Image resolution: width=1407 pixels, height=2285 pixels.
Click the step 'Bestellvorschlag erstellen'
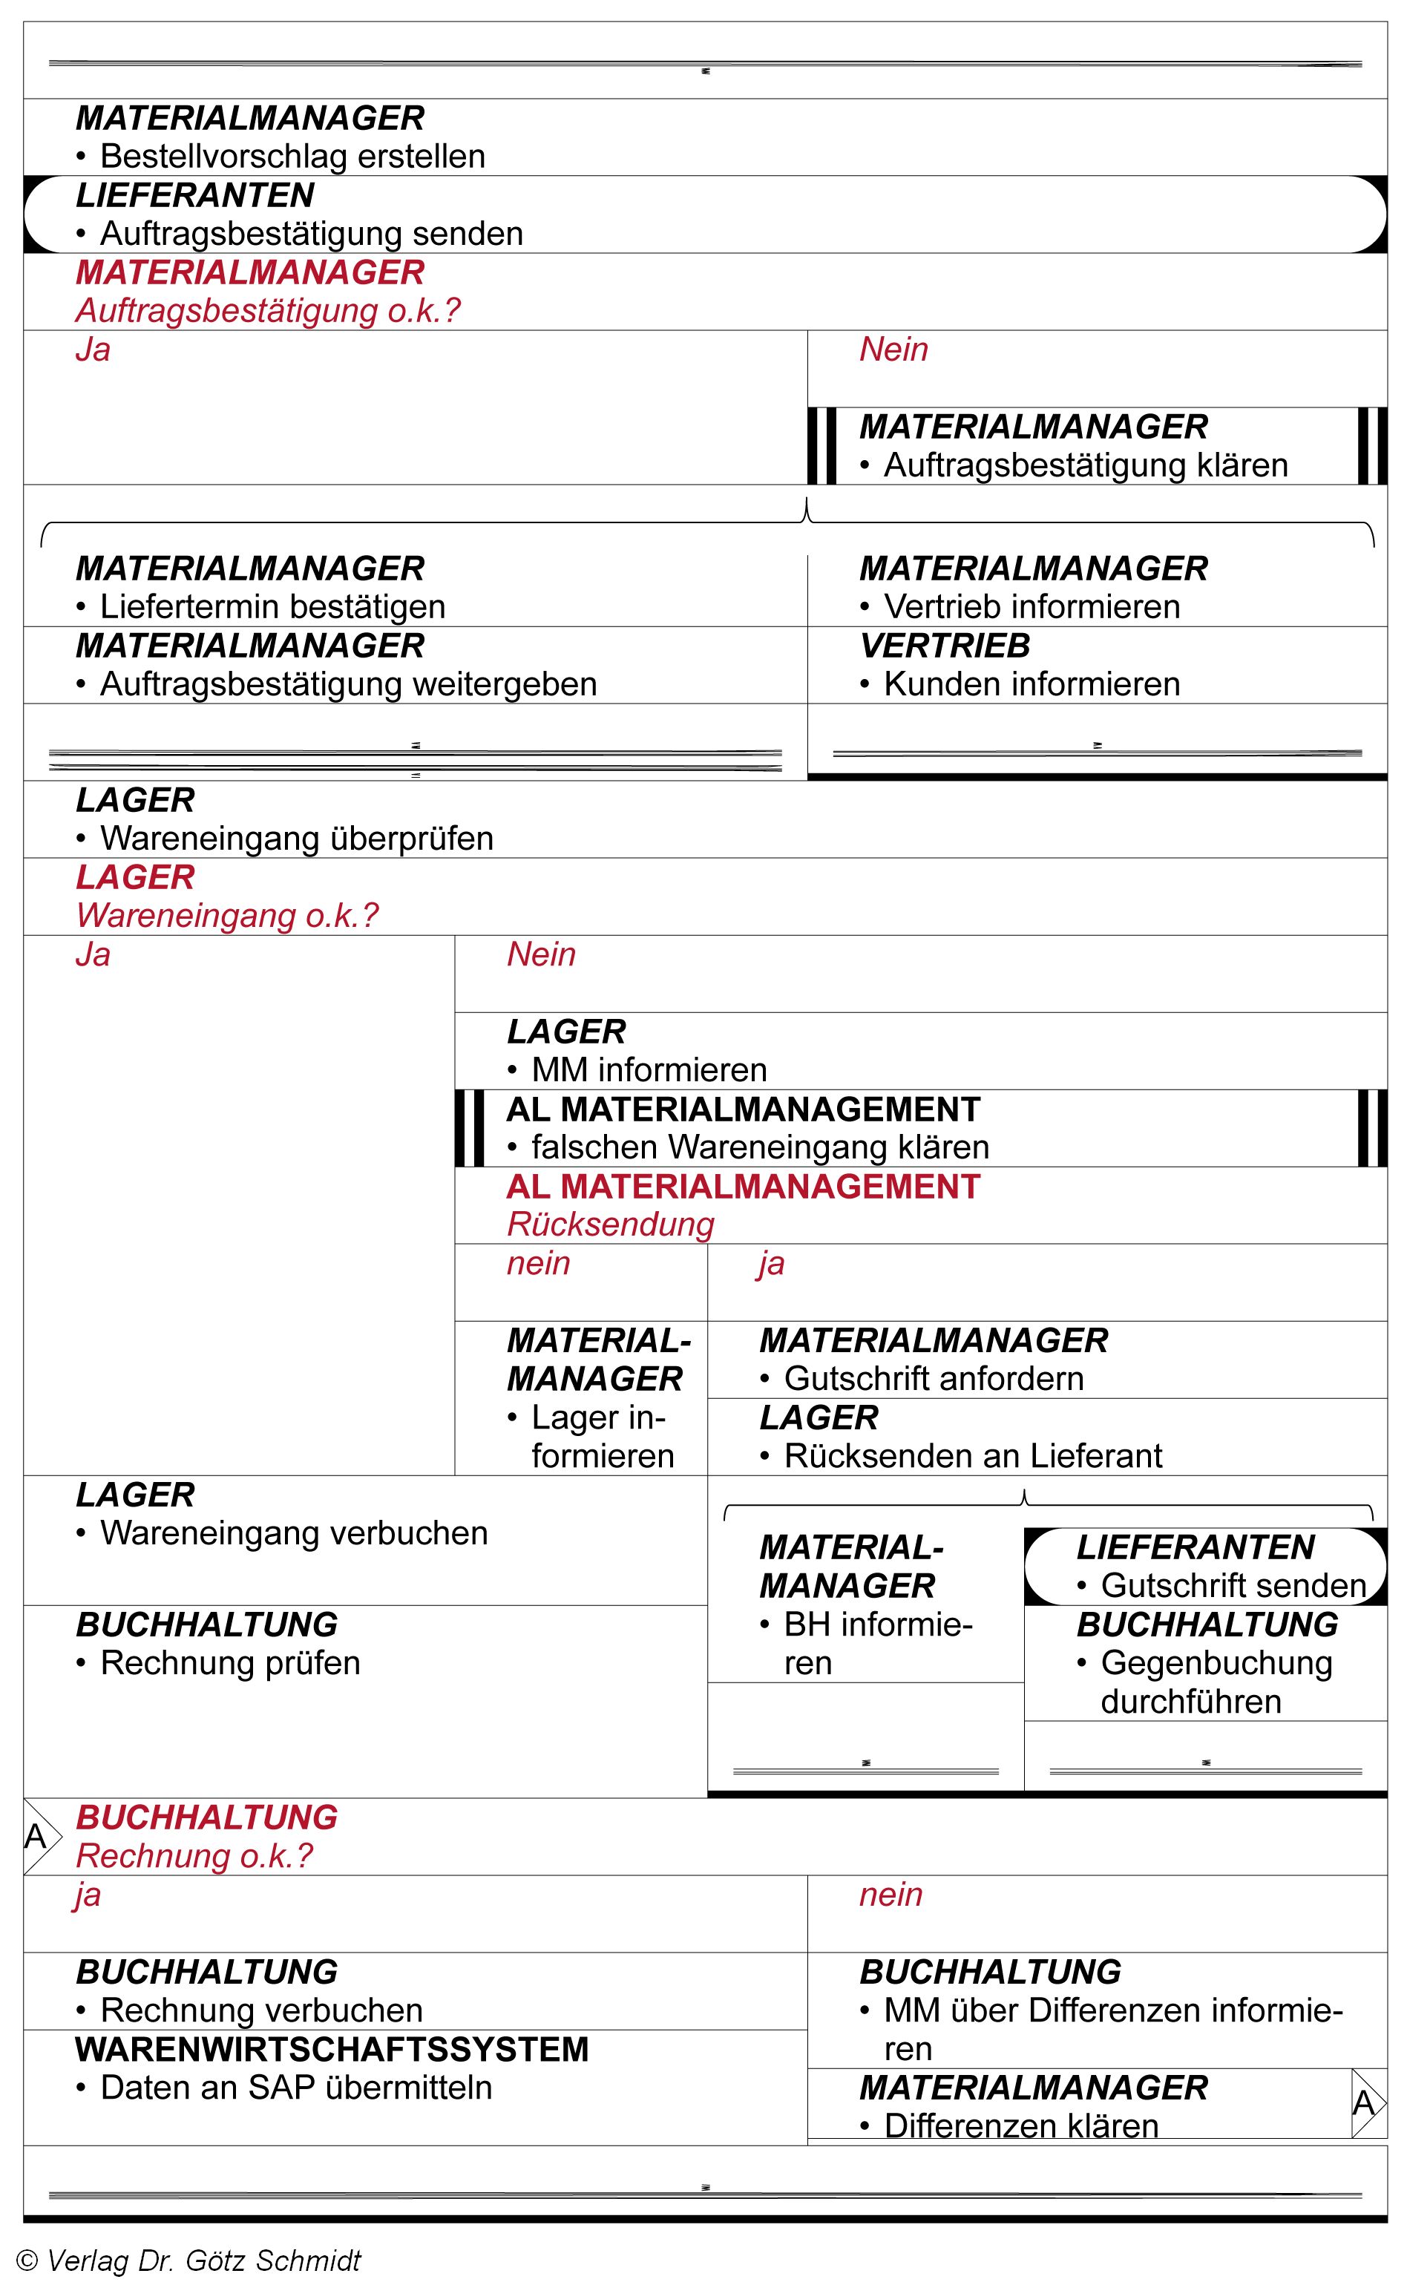(x=292, y=157)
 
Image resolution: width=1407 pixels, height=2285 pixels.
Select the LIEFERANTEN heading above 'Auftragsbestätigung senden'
(x=194, y=195)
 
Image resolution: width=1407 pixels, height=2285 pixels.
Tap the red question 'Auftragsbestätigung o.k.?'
(x=268, y=311)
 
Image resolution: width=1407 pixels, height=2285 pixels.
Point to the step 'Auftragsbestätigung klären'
(x=1085, y=465)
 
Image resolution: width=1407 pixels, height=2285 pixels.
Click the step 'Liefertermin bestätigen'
(x=272, y=606)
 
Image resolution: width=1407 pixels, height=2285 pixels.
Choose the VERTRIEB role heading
(x=945, y=646)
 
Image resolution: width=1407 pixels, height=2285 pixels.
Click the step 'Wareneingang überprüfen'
(x=296, y=839)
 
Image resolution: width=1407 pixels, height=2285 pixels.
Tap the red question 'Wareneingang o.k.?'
(x=227, y=916)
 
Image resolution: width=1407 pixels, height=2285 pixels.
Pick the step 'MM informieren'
(x=649, y=1070)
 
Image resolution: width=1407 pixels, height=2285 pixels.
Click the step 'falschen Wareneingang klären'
(x=759, y=1147)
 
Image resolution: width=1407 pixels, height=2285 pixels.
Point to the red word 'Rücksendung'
(x=611, y=1225)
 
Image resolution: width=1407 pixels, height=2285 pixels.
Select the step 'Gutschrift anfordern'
(x=934, y=1379)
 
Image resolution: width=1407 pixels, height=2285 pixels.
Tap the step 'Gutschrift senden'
(x=1233, y=1585)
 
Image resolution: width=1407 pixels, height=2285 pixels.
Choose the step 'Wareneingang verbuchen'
(x=293, y=1533)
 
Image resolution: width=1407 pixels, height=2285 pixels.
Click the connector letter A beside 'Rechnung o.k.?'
(x=36, y=1837)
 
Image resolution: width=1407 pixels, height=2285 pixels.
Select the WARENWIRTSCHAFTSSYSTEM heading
(x=332, y=2050)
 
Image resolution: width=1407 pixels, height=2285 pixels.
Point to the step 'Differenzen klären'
(x=1021, y=2126)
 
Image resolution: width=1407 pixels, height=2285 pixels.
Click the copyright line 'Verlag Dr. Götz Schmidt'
(x=203, y=2260)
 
